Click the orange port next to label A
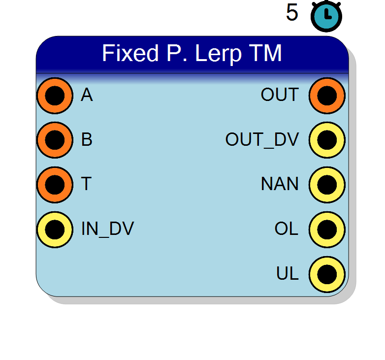point(55,96)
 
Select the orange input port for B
point(55,140)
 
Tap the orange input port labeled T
point(55,185)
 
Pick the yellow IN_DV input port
point(55,229)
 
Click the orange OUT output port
point(327,96)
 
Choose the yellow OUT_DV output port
point(327,140)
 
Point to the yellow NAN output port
point(327,185)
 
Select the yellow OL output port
point(327,229)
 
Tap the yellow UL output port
point(327,274)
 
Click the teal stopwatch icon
point(326,16)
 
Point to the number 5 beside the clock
point(292,12)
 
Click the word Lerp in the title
point(218,54)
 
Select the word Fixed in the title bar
point(130,53)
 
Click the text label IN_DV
point(107,229)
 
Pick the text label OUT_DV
point(262,140)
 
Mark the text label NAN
point(280,184)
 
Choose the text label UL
point(288,273)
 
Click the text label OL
point(287,229)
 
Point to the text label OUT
point(280,95)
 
